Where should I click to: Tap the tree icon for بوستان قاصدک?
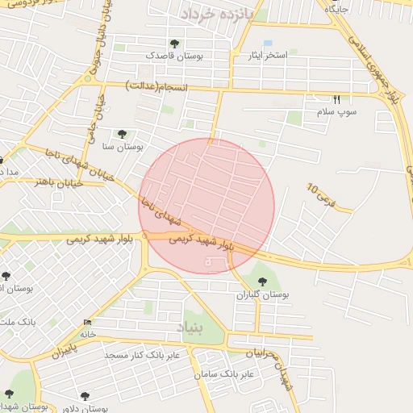click(x=175, y=44)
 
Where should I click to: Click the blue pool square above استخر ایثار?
click(x=268, y=43)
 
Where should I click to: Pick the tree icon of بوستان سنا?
click(x=122, y=135)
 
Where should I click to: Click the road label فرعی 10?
click(x=318, y=194)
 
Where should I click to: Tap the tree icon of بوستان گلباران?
click(x=262, y=281)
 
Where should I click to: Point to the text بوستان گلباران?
click(x=262, y=295)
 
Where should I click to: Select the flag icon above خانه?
click(x=87, y=323)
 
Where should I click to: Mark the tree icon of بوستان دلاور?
click(x=85, y=396)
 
